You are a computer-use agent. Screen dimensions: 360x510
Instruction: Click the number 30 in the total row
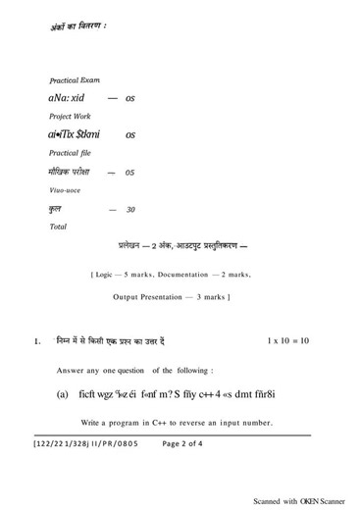130,210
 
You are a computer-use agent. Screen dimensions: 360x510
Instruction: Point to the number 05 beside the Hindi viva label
129,173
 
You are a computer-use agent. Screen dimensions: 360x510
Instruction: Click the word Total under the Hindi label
58,227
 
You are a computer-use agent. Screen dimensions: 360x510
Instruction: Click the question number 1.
36,341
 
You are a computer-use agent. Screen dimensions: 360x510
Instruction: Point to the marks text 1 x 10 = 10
287,340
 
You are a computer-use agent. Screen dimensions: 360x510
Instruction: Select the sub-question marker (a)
62,394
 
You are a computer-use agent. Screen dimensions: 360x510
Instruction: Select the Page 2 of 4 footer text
183,444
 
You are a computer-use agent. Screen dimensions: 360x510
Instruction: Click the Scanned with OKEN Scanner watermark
302,499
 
